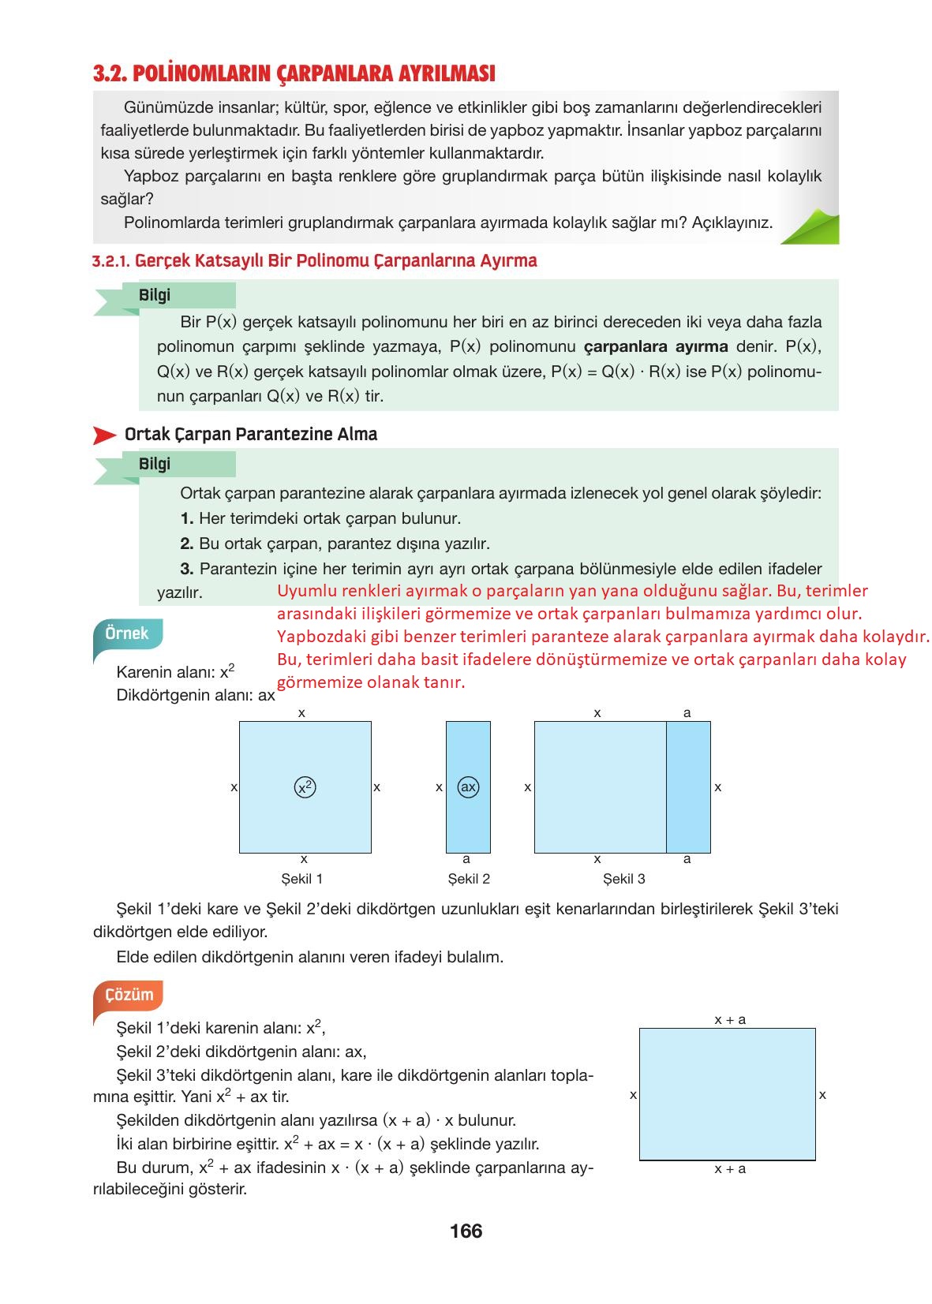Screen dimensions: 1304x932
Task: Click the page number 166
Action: click(x=466, y=1231)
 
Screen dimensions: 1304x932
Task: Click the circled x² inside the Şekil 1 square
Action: click(x=305, y=787)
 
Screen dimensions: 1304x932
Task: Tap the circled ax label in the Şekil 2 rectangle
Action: click(x=468, y=787)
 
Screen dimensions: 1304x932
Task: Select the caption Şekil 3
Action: click(x=623, y=879)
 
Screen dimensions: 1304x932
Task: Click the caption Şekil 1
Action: click(x=301, y=879)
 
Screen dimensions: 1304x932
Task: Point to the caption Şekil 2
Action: click(x=469, y=879)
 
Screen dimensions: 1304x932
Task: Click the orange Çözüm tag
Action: click(x=129, y=995)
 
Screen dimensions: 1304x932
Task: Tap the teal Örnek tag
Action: click(x=126, y=633)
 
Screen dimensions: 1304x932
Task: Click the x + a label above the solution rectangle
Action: click(x=730, y=1020)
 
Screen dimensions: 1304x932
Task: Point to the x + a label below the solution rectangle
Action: click(x=730, y=1169)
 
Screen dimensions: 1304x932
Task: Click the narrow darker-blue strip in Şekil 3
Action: click(x=688, y=787)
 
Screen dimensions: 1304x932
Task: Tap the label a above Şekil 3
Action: click(x=687, y=713)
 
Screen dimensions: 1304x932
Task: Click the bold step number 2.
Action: click(x=186, y=544)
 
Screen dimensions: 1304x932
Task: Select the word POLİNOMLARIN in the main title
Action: click(x=202, y=74)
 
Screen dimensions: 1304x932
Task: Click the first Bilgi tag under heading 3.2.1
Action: click(x=155, y=295)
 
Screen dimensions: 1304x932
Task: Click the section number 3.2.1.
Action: click(x=110, y=261)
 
